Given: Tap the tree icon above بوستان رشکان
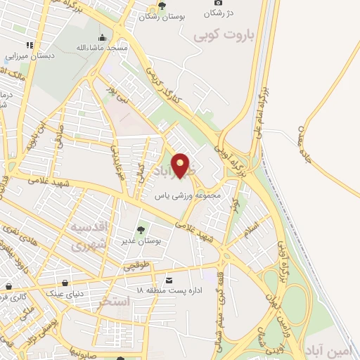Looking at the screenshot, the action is click(162, 6).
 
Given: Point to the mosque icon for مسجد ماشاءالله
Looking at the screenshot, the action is click(103, 38).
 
